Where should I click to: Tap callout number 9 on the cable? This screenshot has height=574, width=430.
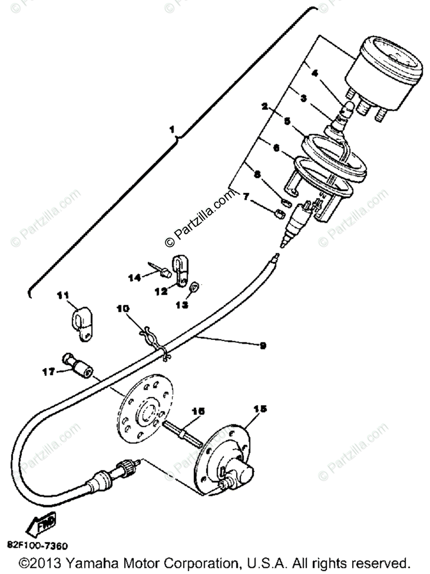click(x=262, y=345)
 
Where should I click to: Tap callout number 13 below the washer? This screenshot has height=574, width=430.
click(x=183, y=304)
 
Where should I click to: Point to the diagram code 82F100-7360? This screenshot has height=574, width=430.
click(x=37, y=546)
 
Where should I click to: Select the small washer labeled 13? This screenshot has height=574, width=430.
click(x=194, y=288)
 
